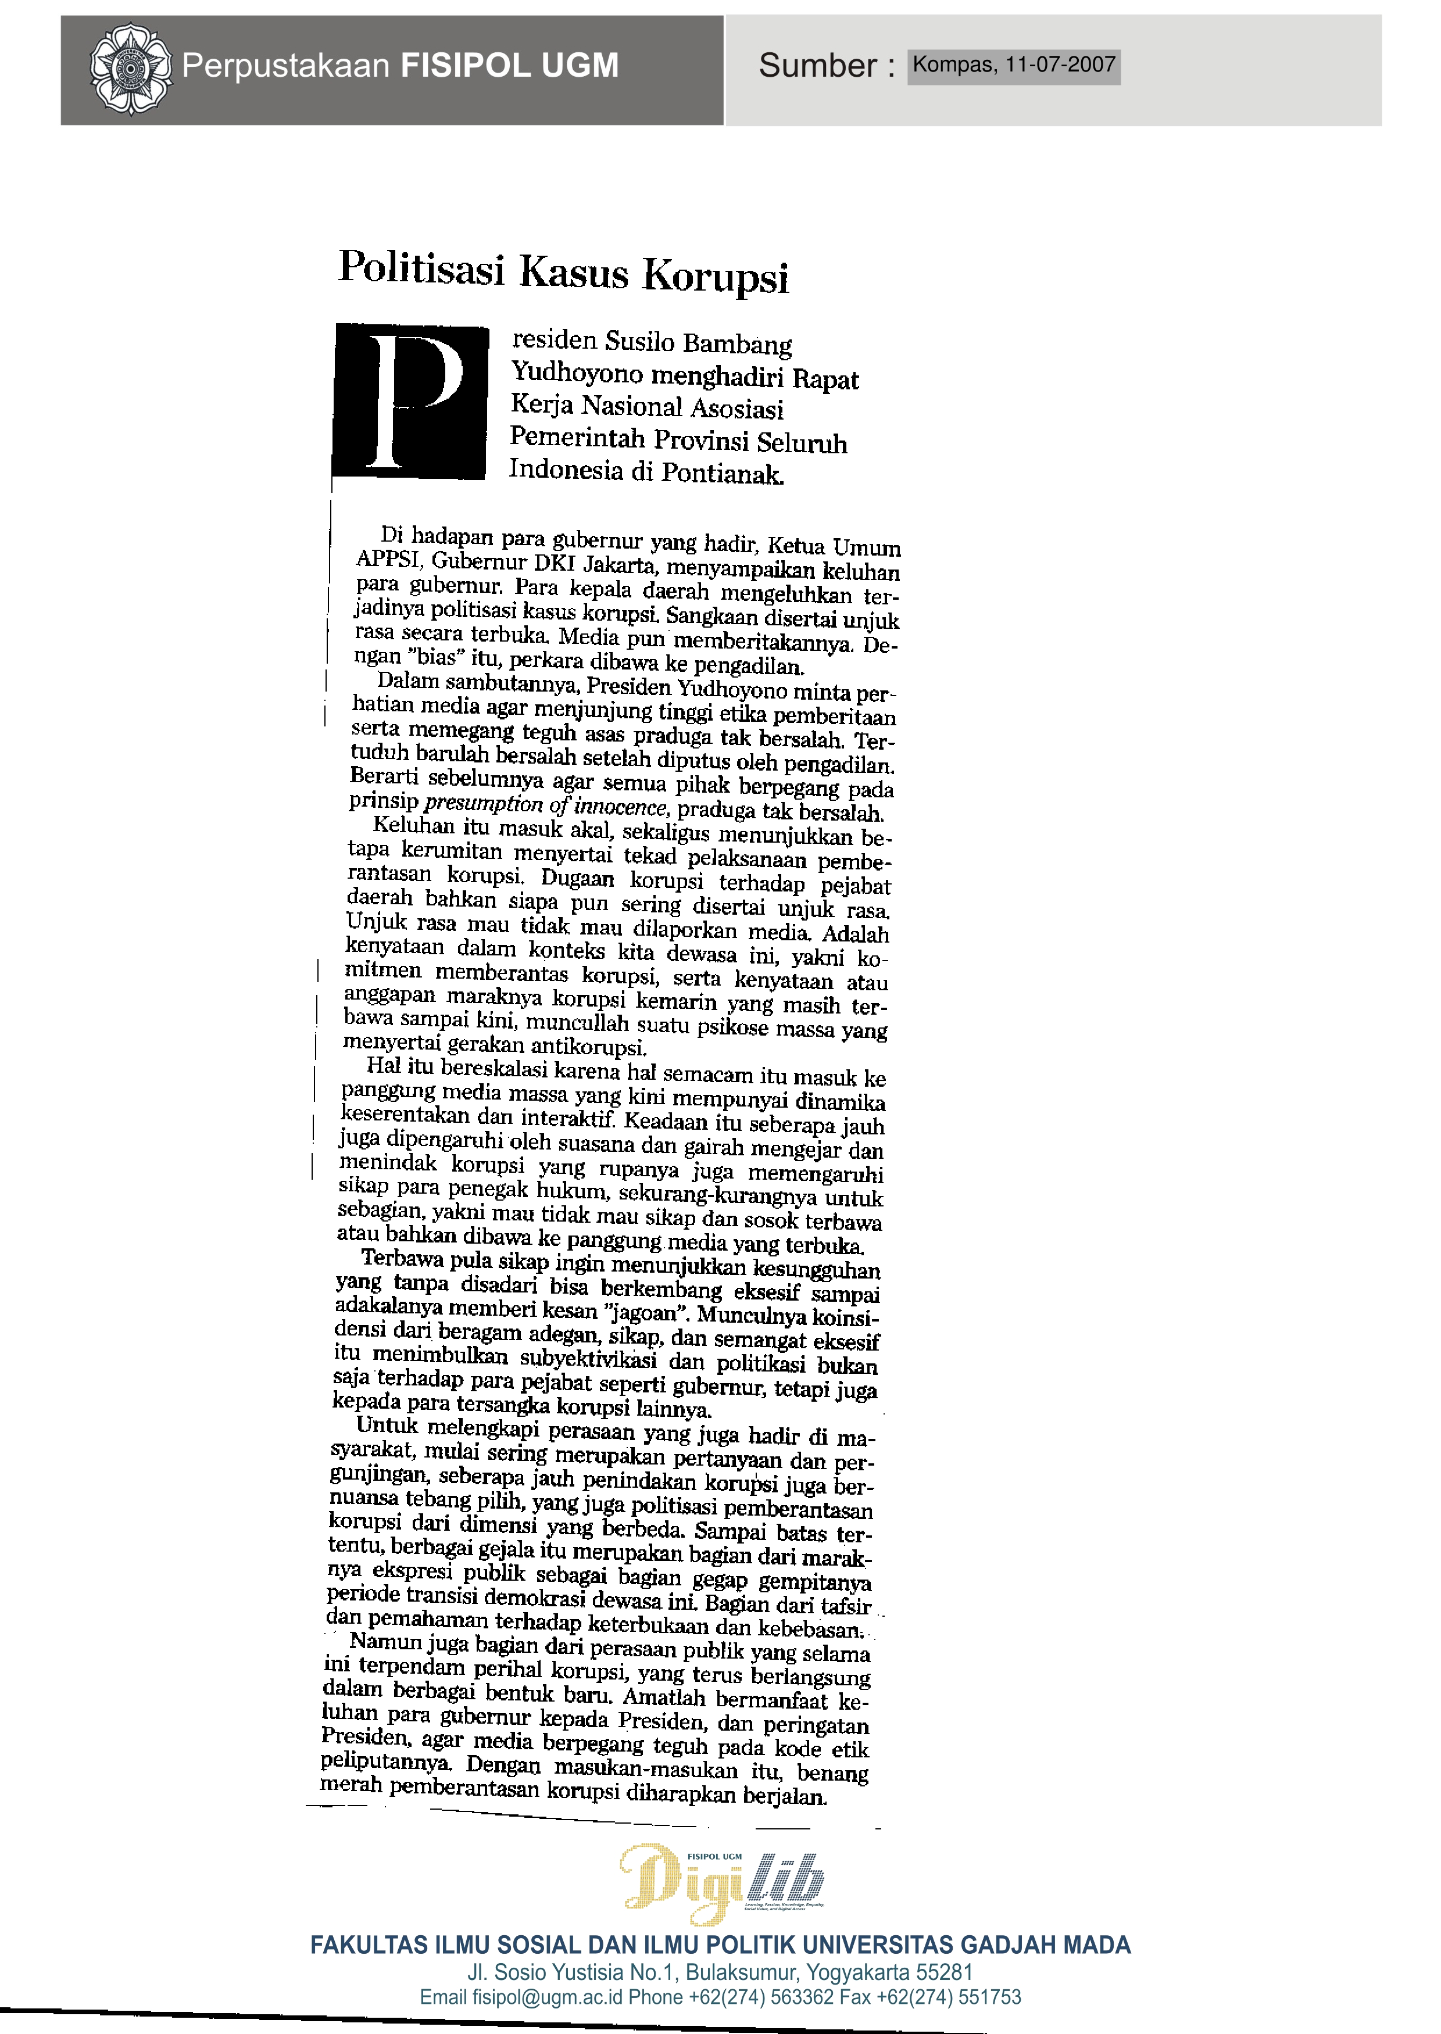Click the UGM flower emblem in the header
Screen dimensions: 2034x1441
(x=130, y=69)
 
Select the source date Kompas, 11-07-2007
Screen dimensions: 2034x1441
(x=1013, y=65)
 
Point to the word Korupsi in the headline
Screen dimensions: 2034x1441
(x=715, y=276)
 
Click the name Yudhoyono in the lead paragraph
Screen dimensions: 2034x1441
(x=576, y=374)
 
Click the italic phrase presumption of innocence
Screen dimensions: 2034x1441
(x=545, y=805)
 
